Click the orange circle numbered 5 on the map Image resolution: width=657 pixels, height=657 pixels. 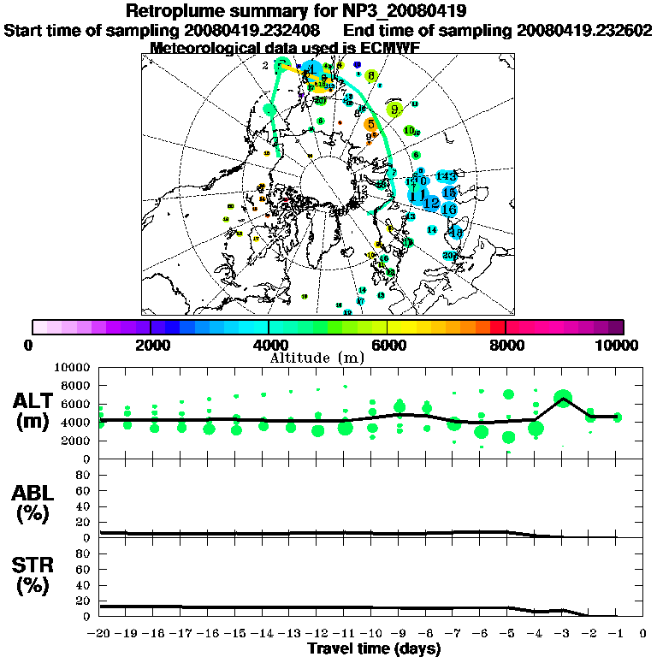(371, 124)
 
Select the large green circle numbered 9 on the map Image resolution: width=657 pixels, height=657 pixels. (394, 109)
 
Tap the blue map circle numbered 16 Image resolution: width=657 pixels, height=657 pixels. (448, 209)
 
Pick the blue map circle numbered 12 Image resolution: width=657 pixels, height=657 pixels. (431, 203)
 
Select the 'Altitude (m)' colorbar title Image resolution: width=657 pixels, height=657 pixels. (317, 357)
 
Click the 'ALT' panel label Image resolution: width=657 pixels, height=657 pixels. (35, 401)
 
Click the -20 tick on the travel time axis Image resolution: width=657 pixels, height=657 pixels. (100, 633)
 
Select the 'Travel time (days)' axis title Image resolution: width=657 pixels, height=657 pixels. (374, 648)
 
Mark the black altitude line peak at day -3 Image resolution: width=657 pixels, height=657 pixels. (563, 398)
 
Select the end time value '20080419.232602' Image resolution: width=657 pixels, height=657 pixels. (584, 30)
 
